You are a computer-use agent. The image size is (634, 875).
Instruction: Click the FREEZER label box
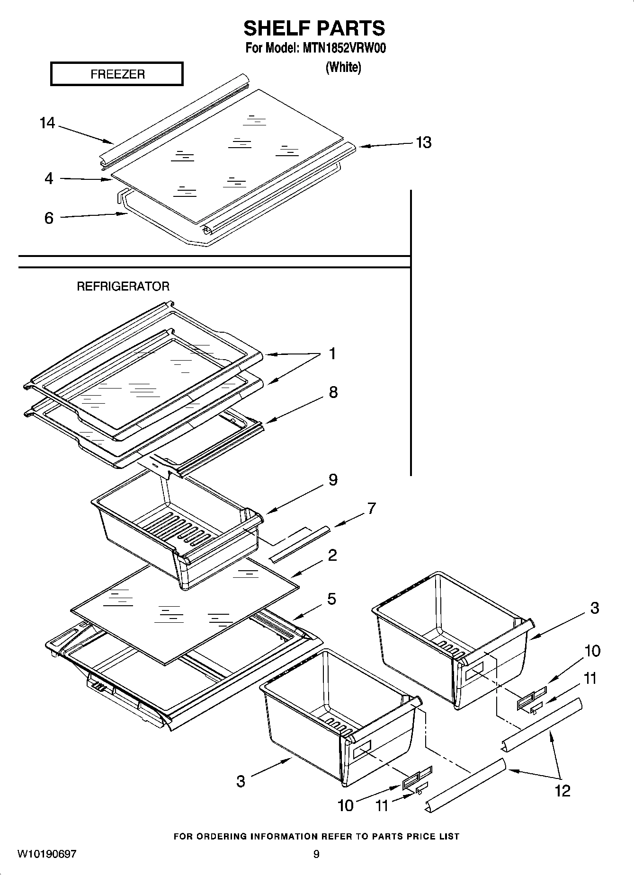click(x=116, y=74)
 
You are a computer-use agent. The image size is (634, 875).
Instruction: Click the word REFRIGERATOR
click(x=123, y=286)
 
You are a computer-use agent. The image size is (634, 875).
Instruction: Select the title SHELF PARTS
click(x=314, y=28)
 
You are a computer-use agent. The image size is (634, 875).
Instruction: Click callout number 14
click(x=47, y=124)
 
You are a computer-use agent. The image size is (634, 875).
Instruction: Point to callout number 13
click(x=423, y=142)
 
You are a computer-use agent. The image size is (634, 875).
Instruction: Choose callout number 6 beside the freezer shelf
click(x=49, y=218)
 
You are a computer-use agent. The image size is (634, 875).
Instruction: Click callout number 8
click(x=333, y=392)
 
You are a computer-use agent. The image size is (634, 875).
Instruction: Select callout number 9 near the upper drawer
click(x=333, y=480)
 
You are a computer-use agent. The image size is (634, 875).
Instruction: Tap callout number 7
click(x=371, y=509)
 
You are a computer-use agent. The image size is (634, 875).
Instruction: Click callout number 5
click(x=332, y=599)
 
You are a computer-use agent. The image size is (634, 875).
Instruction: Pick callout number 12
click(x=563, y=790)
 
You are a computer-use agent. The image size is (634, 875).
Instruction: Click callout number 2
click(x=332, y=555)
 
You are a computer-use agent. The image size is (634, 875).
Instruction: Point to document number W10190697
click(x=47, y=854)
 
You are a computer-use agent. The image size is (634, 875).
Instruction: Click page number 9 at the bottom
click(x=316, y=854)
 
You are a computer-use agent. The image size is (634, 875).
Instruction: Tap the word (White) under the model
click(x=343, y=67)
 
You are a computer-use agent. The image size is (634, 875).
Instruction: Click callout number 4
click(x=49, y=178)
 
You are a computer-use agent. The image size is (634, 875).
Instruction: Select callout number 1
click(x=332, y=354)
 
